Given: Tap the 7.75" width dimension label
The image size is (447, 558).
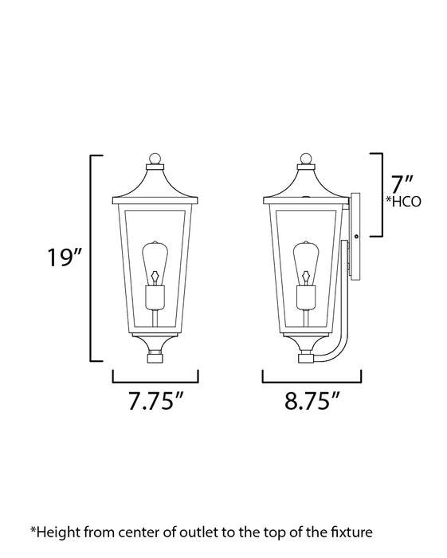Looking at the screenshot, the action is click(155, 401).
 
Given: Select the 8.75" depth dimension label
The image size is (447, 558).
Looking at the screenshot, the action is click(312, 401).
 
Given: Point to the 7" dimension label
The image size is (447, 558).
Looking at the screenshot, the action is click(401, 184).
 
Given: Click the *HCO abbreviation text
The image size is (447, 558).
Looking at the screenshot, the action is click(404, 202).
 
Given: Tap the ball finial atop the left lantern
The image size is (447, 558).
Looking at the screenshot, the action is click(155, 159).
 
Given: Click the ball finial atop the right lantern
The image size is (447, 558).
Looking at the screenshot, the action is click(306, 159).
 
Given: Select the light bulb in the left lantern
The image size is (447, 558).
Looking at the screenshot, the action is click(155, 263).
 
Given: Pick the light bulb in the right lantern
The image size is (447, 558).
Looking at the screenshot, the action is click(306, 263).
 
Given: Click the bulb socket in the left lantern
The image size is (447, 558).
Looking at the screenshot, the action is click(155, 297).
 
